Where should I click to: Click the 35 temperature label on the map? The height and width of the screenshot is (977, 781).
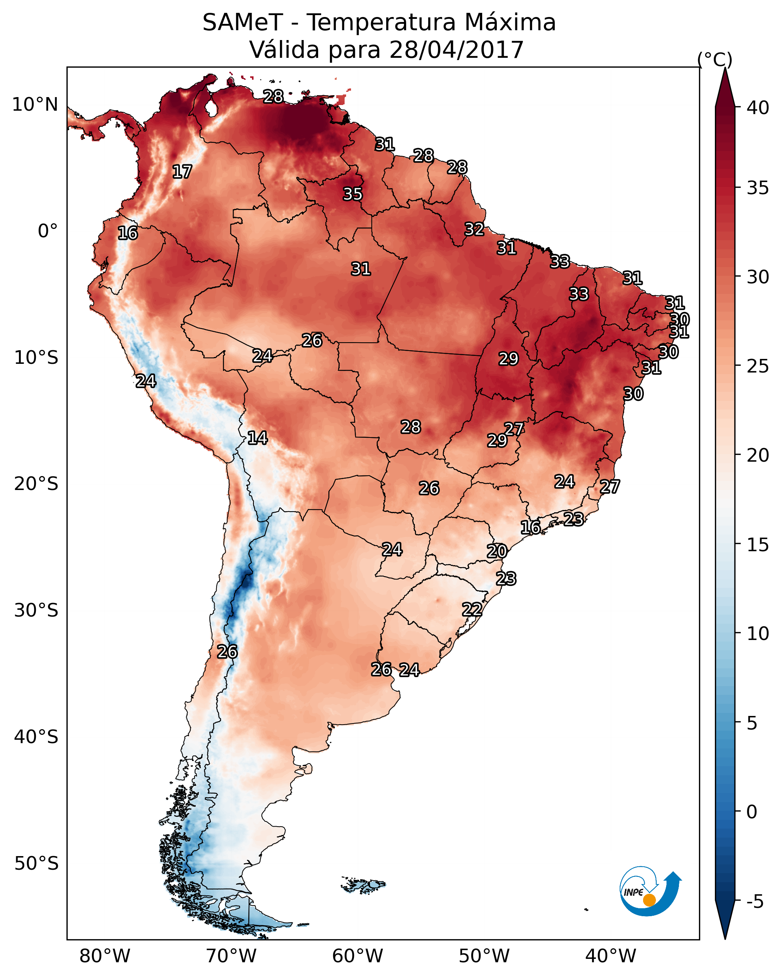click(x=352, y=194)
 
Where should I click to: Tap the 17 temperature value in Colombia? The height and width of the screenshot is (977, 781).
click(x=182, y=172)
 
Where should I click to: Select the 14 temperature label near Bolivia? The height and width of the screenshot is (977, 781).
click(x=257, y=438)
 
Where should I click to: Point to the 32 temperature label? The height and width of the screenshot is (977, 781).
click(x=474, y=229)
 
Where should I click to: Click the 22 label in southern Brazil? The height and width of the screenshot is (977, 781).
click(x=472, y=609)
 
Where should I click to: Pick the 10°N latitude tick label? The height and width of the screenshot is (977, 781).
click(x=35, y=105)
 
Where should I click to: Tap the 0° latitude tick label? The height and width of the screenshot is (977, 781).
click(x=48, y=231)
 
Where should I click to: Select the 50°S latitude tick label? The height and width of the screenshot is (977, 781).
click(x=36, y=864)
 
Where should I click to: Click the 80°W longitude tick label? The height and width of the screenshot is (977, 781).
click(x=105, y=956)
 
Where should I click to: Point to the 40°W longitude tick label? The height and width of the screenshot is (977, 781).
click(x=611, y=956)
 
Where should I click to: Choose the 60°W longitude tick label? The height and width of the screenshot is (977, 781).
click(x=358, y=956)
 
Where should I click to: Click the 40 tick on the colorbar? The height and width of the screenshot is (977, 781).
click(x=758, y=108)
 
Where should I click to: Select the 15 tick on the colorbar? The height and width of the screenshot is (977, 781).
click(x=758, y=545)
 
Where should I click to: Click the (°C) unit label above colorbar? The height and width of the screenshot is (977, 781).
click(x=715, y=59)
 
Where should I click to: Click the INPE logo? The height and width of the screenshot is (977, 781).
click(x=649, y=892)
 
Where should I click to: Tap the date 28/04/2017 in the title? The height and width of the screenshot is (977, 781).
click(x=456, y=50)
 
